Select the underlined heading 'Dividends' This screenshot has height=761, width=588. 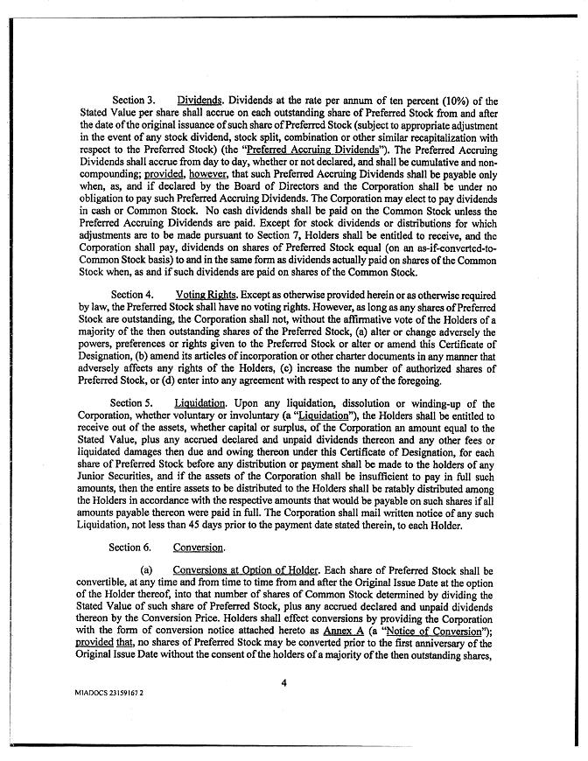199,101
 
